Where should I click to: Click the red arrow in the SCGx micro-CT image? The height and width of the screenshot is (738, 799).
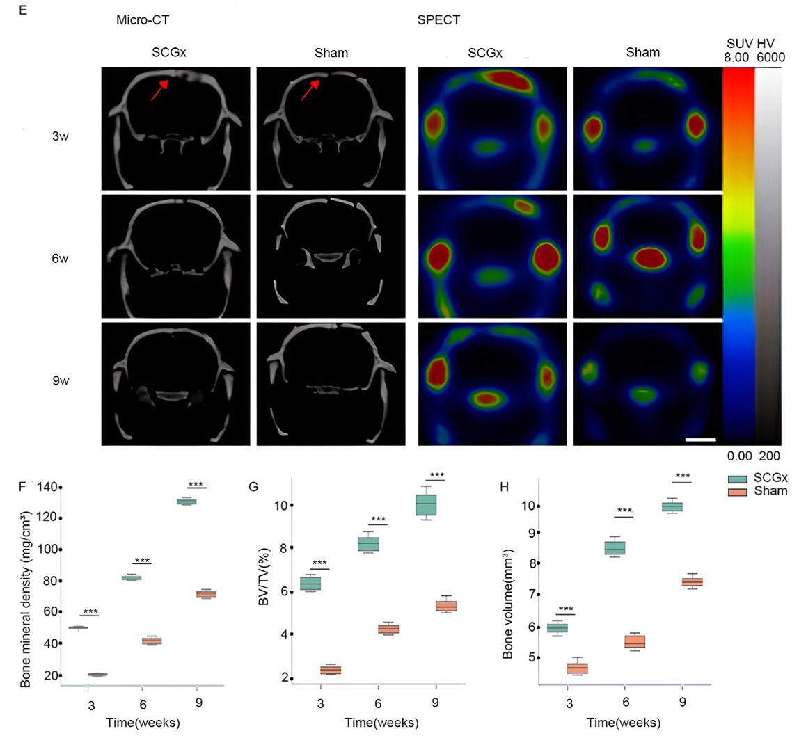(158, 91)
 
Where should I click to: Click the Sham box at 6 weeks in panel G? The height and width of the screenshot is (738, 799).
(388, 629)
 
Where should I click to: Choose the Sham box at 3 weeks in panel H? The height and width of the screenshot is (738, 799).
(577, 668)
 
